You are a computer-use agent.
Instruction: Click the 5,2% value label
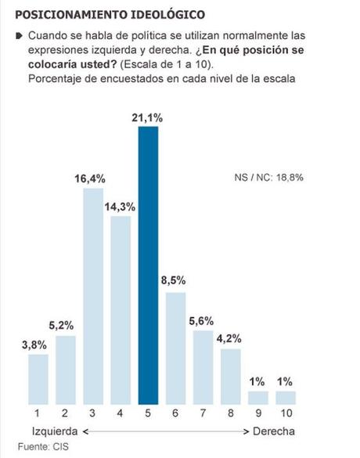[66, 325]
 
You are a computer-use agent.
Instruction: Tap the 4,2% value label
[231, 339]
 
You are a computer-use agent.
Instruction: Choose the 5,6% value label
[203, 320]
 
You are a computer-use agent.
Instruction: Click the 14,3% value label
[121, 206]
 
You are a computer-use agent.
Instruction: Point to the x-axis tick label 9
[258, 412]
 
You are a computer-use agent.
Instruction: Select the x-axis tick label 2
[66, 412]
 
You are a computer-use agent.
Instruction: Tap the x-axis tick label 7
[203, 412]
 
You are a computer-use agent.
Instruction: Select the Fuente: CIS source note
[39, 446]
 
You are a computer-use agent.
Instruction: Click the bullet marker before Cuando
[19, 36]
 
